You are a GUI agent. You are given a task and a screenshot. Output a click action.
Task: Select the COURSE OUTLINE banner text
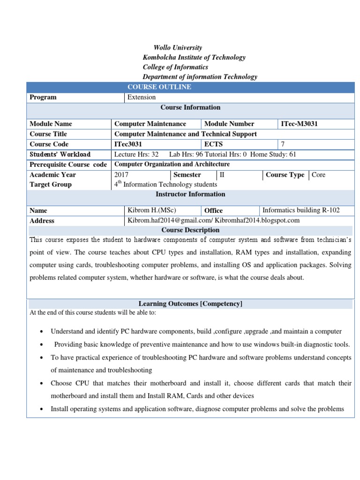(x=159, y=87)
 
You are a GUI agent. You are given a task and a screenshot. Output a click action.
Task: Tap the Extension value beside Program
(x=142, y=97)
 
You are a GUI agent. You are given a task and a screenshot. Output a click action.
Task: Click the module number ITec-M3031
(x=302, y=124)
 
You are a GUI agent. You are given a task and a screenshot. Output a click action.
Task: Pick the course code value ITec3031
(x=128, y=144)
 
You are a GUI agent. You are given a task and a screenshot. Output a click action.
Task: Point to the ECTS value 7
(x=283, y=144)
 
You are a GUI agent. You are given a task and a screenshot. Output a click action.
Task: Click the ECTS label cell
(x=213, y=144)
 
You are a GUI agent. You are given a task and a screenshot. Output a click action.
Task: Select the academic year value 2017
(x=121, y=175)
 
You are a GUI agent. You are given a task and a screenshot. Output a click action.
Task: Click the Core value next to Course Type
(x=318, y=175)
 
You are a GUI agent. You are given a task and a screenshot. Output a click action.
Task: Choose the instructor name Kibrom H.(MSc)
(x=151, y=210)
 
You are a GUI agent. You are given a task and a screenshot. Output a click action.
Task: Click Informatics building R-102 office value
(x=301, y=210)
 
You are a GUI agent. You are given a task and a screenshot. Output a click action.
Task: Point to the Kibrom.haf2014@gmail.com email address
(x=169, y=220)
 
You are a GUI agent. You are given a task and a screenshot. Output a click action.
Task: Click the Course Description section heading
(x=190, y=230)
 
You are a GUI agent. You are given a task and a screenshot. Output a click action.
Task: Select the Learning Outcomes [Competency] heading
(x=190, y=304)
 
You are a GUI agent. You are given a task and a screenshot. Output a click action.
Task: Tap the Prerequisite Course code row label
(x=68, y=165)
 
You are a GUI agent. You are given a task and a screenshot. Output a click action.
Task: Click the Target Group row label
(x=51, y=184)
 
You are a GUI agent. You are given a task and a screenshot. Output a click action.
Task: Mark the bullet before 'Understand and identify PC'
(x=42, y=332)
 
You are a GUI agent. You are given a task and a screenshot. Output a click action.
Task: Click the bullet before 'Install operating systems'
(x=42, y=409)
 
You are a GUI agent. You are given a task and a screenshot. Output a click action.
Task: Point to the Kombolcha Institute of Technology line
(x=194, y=57)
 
